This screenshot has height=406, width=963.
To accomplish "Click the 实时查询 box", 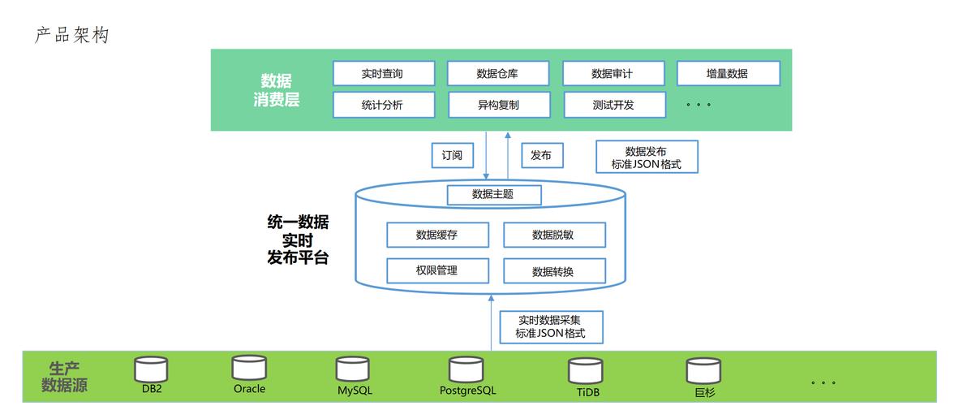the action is tap(384, 73).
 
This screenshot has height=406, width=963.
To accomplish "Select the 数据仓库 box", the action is tap(497, 73).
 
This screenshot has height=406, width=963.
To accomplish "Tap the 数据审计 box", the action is tap(613, 73).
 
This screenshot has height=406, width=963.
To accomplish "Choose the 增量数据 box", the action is tap(729, 73).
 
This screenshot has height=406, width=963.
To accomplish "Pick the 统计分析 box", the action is tap(384, 105).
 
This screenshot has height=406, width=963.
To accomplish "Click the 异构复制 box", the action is tap(499, 105).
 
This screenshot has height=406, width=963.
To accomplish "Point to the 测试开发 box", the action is tap(614, 105).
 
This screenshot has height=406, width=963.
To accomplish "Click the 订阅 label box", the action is tap(452, 155).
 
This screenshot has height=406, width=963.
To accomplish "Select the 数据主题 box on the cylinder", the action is tap(494, 195).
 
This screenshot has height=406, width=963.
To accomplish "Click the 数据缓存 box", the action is tap(437, 235).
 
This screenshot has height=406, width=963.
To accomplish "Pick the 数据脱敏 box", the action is tap(555, 235).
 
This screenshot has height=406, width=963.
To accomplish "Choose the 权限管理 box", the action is tap(437, 270).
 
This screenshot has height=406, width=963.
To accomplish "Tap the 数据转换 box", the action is tap(555, 270).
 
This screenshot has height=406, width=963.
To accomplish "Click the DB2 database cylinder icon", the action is tap(151, 369).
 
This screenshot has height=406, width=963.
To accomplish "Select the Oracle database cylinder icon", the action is tap(249, 368).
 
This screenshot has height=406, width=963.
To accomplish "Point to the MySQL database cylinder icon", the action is tap(353, 369).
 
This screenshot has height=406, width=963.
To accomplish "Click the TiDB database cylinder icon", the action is tap(585, 371).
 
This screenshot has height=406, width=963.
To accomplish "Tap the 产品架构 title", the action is tap(72, 36).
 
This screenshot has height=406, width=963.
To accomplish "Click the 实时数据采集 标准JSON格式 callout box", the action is tap(552, 327).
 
